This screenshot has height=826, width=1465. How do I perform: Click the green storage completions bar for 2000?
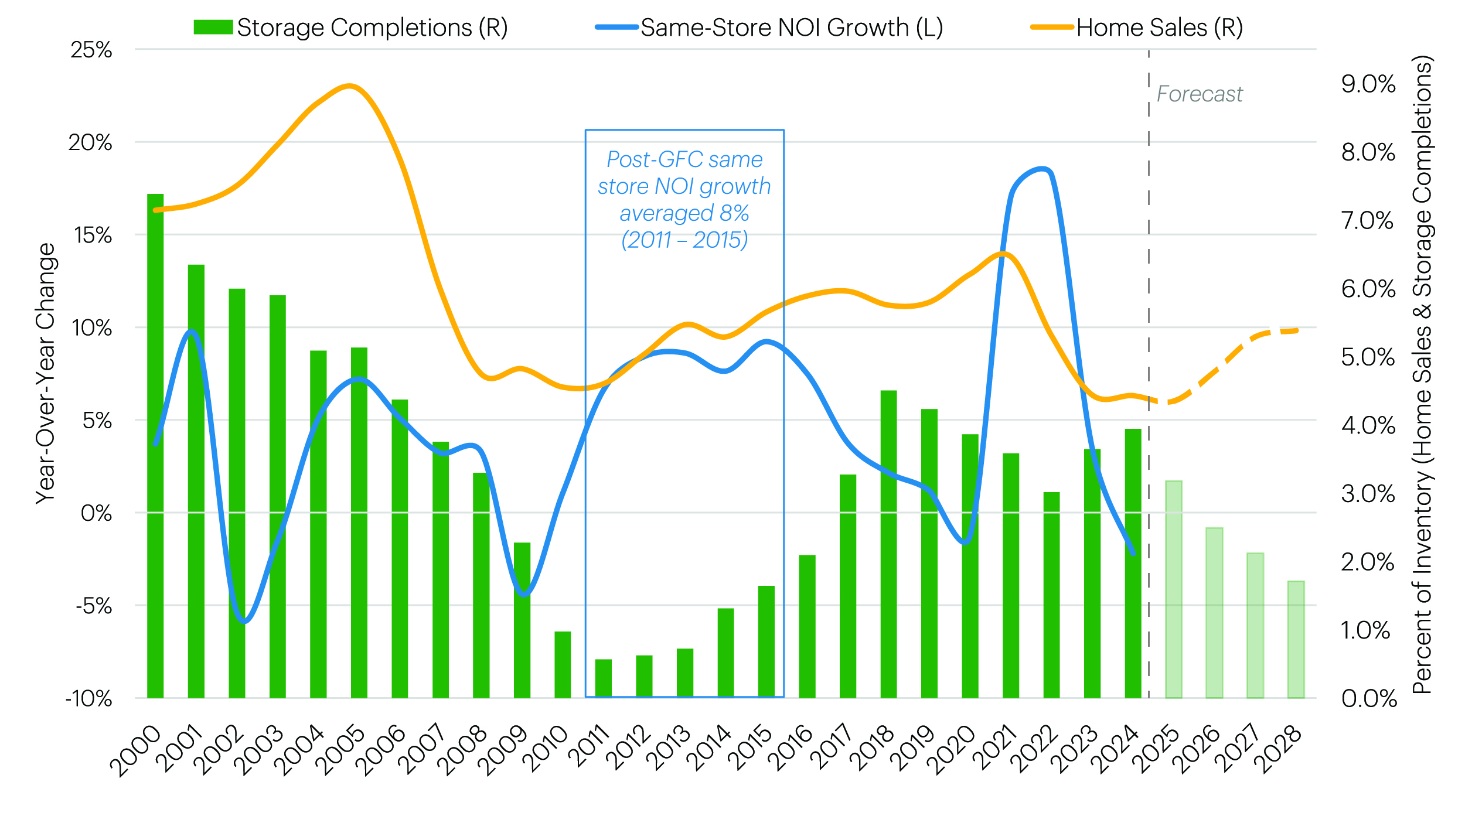click(x=155, y=445)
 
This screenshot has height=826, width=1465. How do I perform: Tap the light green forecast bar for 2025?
click(x=1174, y=589)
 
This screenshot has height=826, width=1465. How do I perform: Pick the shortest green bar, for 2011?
click(x=604, y=678)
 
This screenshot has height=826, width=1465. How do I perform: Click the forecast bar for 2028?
click(x=1296, y=639)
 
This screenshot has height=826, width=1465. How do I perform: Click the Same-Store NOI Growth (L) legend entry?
click(x=769, y=28)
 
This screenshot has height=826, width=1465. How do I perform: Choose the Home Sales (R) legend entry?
click(x=1137, y=28)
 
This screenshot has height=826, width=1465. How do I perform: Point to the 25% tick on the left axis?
click(x=91, y=50)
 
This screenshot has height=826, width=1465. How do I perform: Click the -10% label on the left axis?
click(x=88, y=698)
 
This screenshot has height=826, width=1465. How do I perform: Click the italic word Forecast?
click(x=1200, y=94)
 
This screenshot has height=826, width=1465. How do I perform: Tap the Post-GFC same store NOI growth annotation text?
click(x=684, y=200)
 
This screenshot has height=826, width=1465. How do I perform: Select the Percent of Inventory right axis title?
click(x=1422, y=375)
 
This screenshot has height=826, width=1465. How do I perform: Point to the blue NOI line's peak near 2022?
click(x=1042, y=169)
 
